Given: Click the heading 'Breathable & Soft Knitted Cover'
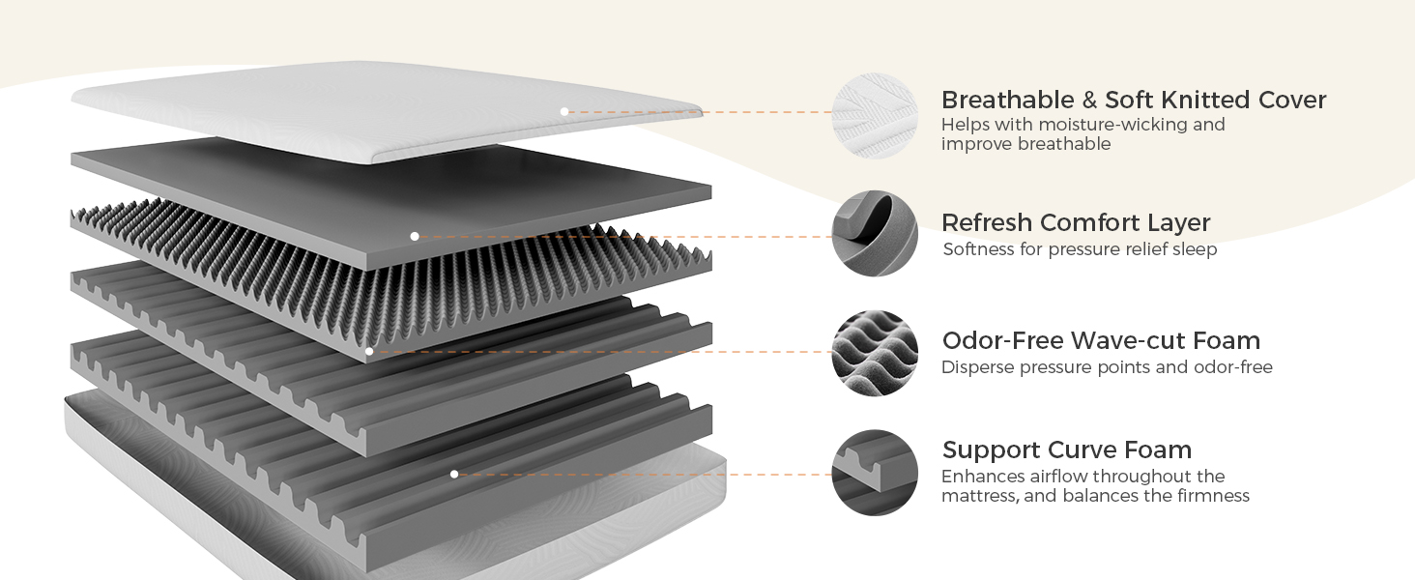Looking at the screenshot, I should click(x=1133, y=100).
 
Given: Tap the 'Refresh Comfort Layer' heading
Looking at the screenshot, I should click(x=1076, y=222).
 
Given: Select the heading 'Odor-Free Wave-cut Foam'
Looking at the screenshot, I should click(x=1101, y=340).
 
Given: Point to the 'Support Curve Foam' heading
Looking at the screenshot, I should click(x=1066, y=449).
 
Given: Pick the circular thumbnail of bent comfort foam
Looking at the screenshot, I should click(x=875, y=234).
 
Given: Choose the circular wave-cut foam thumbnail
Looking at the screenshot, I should click(x=875, y=353).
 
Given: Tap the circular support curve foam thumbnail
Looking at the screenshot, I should click(x=875, y=473).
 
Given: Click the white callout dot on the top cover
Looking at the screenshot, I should click(x=564, y=112).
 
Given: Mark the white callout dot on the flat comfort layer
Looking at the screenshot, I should click(x=414, y=236).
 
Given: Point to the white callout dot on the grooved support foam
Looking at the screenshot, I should click(x=454, y=474).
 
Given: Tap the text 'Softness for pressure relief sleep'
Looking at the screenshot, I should click(x=1080, y=249).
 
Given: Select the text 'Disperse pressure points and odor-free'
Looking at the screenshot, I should click(x=1107, y=367).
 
